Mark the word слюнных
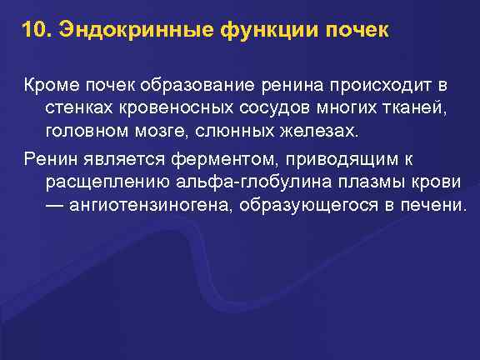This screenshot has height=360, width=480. [233, 132]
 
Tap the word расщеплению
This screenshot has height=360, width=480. [104, 182]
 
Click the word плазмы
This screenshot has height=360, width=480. [370, 182]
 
